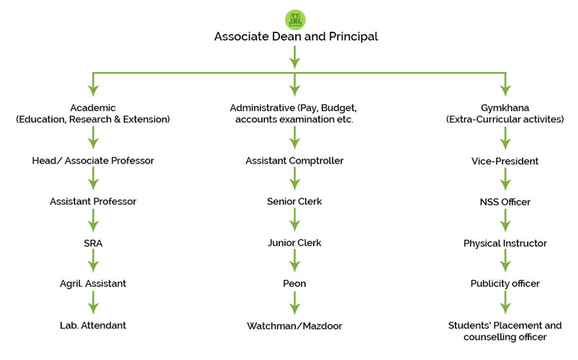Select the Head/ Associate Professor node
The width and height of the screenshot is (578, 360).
coord(93,161)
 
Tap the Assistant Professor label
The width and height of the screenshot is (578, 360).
coord(93,202)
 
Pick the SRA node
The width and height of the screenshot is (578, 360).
coord(93,243)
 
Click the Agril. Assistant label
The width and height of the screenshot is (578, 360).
coord(93,284)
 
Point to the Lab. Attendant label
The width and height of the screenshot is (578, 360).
coord(93,325)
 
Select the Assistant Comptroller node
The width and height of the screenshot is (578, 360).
coord(294,161)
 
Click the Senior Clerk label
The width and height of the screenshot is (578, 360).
coord(294,202)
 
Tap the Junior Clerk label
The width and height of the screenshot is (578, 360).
coord(294,243)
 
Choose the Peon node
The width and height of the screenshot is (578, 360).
coord(294,284)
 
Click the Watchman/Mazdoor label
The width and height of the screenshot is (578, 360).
coord(294,326)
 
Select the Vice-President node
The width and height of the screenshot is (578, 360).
coord(505,161)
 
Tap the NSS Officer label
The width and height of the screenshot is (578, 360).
coord(505,202)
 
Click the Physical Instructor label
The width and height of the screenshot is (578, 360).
coord(505,243)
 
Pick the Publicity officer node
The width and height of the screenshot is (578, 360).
coord(505,284)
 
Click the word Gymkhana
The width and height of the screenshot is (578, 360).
coord(505,107)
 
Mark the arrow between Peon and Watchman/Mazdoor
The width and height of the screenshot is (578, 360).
coord(294,305)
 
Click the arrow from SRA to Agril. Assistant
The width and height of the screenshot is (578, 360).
coord(93,264)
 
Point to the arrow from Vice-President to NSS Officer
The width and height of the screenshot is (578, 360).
coord(505,181)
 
